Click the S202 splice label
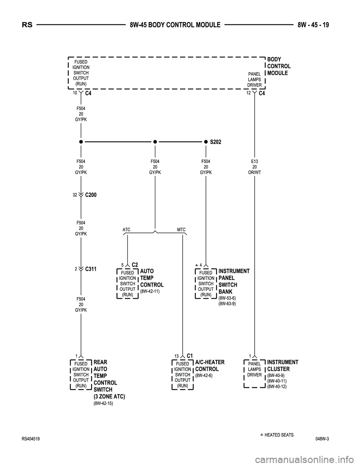click(x=216, y=142)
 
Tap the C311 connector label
click(x=91, y=269)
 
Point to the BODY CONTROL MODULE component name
click(x=279, y=66)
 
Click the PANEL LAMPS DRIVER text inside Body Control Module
click(x=255, y=80)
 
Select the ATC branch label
click(x=126, y=229)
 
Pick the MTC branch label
click(x=181, y=229)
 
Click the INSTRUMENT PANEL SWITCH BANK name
click(x=234, y=281)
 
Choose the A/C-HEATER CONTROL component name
click(x=210, y=365)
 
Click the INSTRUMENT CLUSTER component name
click(x=282, y=365)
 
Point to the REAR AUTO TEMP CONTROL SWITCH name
click(x=108, y=379)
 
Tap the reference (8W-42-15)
click(x=103, y=403)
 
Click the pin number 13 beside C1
click(x=176, y=356)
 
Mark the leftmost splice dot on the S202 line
click(x=81, y=142)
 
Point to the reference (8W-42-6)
click(x=204, y=376)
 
